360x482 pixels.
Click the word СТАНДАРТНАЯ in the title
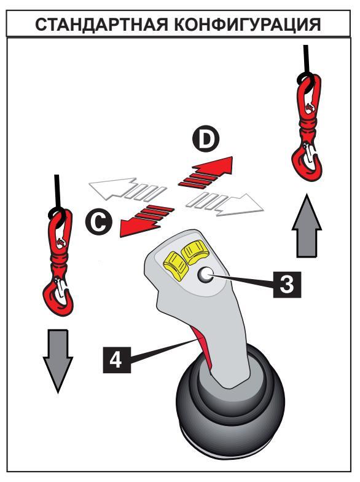point(102,25)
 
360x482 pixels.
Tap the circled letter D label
point(206,140)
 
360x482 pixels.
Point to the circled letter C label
point(99,222)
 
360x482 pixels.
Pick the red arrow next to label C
point(146,220)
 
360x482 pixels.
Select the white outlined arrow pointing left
point(128,189)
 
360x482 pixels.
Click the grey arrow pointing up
point(307,225)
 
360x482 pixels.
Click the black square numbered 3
point(288,284)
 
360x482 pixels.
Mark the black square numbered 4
point(117,360)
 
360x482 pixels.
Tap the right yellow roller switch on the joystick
point(194,252)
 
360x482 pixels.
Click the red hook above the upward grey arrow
point(306,128)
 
